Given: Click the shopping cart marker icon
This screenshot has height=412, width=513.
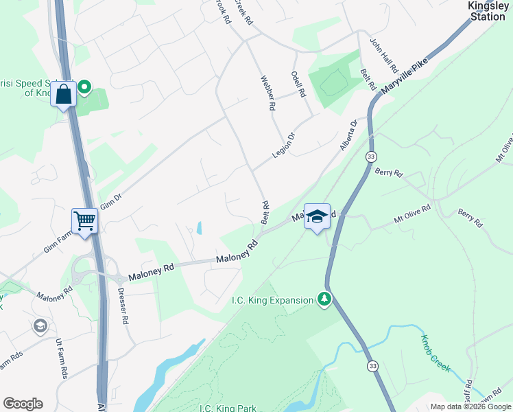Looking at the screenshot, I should (85, 221).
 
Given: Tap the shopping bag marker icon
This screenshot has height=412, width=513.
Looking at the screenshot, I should (64, 94).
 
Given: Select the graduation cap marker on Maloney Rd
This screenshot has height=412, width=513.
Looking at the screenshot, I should (317, 216).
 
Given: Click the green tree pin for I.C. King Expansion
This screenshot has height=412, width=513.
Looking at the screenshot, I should (324, 299).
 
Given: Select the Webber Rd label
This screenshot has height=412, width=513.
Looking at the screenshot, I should (267, 93).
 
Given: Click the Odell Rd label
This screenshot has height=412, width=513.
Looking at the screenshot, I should (298, 84).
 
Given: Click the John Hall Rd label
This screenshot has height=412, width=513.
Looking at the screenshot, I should (384, 56).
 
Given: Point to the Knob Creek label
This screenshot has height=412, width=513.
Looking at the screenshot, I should (435, 353).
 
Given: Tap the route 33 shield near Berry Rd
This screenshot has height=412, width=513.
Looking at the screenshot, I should (370, 157).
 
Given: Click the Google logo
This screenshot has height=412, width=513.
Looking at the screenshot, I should (23, 404).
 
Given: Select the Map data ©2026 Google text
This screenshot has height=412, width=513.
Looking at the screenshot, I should (470, 407).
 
